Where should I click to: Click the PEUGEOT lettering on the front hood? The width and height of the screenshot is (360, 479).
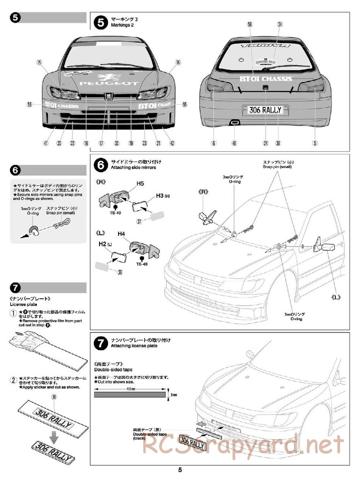(109, 83)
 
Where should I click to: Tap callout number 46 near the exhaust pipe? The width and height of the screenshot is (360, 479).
(234, 143)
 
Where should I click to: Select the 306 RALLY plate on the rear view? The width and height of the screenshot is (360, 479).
(265, 110)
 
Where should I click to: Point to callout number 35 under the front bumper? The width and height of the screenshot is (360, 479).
(116, 143)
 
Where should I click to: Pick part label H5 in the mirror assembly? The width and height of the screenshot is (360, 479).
(140, 184)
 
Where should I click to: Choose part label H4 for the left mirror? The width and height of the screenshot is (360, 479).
(121, 234)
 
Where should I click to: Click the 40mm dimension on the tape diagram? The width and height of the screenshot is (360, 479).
(130, 389)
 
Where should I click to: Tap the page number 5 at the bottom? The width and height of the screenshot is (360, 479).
(180, 470)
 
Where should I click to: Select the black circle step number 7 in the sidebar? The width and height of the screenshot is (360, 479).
(15, 288)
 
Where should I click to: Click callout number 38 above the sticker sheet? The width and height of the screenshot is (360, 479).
(54, 397)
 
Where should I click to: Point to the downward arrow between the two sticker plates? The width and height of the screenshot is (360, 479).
(54, 437)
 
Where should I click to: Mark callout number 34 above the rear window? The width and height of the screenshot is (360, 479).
(280, 24)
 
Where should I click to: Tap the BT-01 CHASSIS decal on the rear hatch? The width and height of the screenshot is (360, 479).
(266, 78)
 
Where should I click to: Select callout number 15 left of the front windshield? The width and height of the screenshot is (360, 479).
(39, 62)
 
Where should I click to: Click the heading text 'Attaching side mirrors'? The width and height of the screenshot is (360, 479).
(133, 168)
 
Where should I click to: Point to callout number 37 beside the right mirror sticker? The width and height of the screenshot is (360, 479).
(139, 221)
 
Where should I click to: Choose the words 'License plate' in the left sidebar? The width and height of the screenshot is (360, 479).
(23, 304)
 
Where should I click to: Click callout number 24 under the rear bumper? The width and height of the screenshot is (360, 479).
(266, 143)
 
